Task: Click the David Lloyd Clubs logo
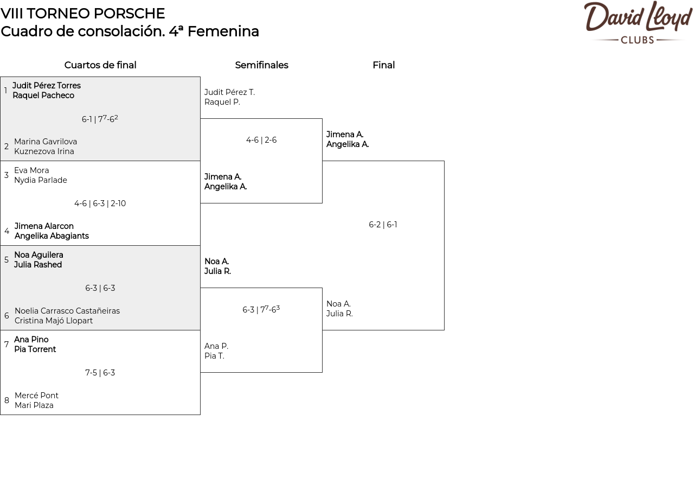point(638,22)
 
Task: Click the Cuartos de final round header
point(100,65)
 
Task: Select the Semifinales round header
point(261,65)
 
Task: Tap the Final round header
point(383,65)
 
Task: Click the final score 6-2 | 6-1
point(383,225)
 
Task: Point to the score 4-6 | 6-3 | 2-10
point(100,203)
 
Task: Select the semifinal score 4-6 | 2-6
point(261,140)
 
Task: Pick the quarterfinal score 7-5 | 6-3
point(100,373)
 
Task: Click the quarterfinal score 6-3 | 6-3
point(100,288)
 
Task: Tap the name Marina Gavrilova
point(46,142)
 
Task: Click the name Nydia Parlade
point(41,180)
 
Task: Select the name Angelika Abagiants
point(52,236)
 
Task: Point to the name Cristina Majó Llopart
point(54,321)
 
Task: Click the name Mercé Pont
point(36,396)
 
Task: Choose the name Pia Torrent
point(35,349)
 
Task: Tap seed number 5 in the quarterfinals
point(6,259)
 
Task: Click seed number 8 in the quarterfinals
point(7,400)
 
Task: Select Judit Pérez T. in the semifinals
point(229,92)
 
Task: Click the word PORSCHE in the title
point(129,14)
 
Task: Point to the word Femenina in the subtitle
point(223,31)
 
